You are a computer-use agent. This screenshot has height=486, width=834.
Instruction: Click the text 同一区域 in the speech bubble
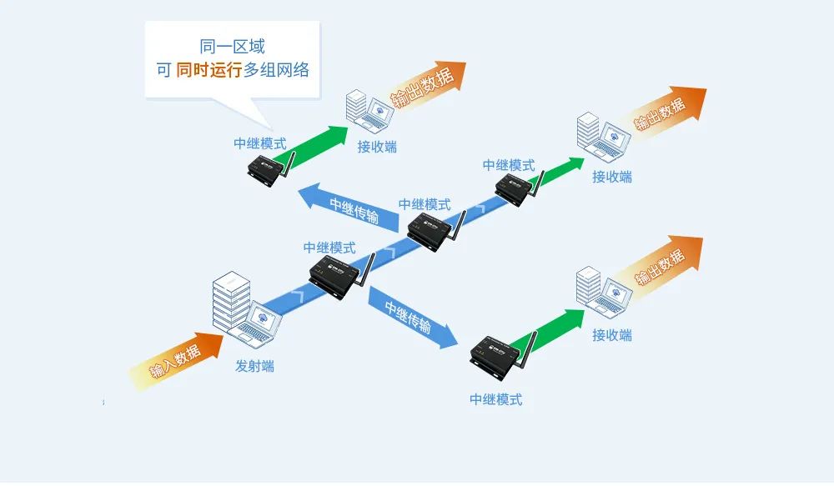pos(233,47)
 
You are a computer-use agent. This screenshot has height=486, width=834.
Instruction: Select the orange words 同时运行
pos(208,70)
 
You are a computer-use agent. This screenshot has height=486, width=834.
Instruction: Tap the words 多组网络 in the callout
pos(276,70)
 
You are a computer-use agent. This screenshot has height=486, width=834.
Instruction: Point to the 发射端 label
pos(254,366)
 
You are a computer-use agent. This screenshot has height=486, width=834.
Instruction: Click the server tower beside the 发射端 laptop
pos(231,305)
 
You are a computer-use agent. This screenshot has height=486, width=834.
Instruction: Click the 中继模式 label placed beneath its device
pos(496,399)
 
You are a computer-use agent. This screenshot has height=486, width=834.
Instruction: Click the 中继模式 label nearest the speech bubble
pos(260,143)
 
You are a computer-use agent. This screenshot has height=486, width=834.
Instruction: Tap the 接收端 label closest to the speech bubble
pos(377,147)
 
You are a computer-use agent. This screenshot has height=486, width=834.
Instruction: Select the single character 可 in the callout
pos(163,70)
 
